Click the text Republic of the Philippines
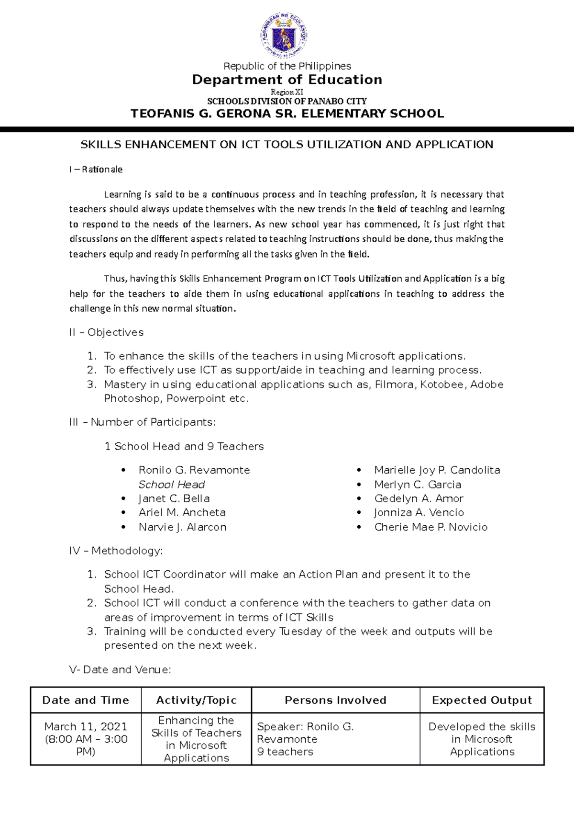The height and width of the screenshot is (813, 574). [x=287, y=66]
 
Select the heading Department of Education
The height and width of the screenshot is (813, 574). [x=287, y=79]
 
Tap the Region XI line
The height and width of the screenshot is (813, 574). [x=287, y=92]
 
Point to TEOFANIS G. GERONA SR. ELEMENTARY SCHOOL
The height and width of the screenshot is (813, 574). [x=287, y=113]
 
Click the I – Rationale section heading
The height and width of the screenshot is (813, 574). [x=96, y=169]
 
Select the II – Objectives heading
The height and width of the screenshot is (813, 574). [x=106, y=332]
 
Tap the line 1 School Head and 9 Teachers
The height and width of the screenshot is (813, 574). [x=184, y=446]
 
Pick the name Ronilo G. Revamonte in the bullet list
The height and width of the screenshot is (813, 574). [x=194, y=470]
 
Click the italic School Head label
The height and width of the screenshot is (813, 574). [x=172, y=485]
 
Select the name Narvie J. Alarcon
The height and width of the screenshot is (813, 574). [x=183, y=527]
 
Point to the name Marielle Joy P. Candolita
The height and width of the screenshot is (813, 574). [x=437, y=470]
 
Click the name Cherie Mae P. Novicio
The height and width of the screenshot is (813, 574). [x=431, y=527]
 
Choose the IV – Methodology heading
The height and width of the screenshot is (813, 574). [x=116, y=551]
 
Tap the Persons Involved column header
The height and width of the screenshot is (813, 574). [x=335, y=700]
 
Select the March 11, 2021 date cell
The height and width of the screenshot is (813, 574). [x=86, y=727]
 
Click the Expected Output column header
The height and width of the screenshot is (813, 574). [x=482, y=700]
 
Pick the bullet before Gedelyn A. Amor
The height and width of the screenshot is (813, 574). [x=359, y=499]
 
